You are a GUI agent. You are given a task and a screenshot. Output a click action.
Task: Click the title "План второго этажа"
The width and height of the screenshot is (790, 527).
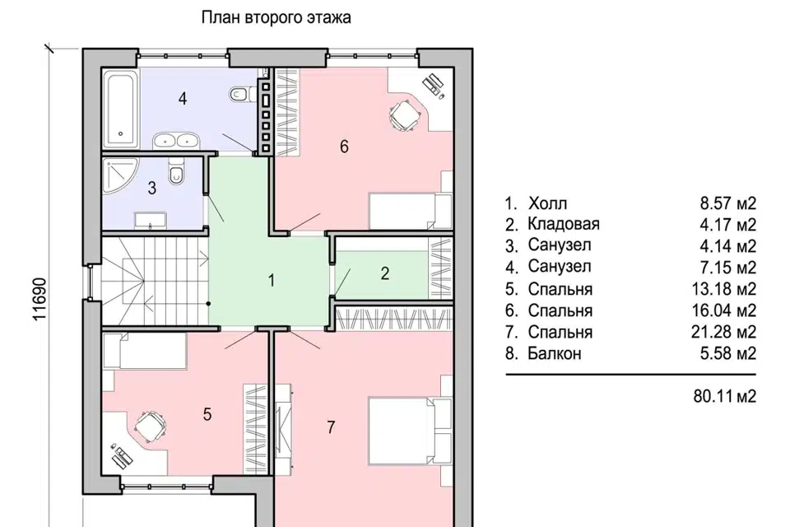pos(276,17)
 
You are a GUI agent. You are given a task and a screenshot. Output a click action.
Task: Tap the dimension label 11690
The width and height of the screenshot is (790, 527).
pos(39,299)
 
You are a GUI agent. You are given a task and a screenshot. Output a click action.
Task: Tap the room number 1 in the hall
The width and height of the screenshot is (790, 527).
pos(272,281)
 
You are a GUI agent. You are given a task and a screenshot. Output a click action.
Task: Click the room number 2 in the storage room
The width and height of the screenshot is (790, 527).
pos(385,273)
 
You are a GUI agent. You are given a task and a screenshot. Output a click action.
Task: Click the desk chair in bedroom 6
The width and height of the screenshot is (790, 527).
pos(405,115)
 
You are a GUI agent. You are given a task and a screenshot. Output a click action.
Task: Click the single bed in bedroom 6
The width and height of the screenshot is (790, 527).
pos(411,211)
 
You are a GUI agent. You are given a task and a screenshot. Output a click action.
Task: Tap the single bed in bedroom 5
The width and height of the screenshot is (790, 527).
pos(144,351)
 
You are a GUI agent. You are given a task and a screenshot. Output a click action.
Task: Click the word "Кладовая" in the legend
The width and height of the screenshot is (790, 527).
pos(563,224)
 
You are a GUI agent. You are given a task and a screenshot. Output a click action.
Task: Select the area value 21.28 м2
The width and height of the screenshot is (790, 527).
pos(723,332)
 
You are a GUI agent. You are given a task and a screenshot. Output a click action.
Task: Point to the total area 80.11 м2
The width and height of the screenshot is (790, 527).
pos(724,396)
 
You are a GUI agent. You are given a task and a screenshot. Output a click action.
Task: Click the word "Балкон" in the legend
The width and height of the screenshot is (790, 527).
pos(554,353)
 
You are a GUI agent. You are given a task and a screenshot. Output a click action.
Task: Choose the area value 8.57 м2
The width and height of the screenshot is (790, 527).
pos(728,203)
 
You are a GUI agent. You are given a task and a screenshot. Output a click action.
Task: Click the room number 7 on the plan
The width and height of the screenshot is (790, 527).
pos(331,427)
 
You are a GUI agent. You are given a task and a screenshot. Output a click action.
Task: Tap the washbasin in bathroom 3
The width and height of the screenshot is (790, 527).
pos(150,221)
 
